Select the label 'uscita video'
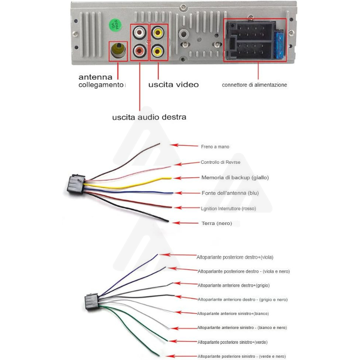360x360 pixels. coord(173,85)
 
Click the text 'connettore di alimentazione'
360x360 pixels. coord(254,85)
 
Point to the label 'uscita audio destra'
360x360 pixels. coord(149,117)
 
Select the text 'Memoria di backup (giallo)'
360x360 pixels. coord(235,177)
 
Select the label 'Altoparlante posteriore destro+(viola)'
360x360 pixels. coord(235,257)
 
